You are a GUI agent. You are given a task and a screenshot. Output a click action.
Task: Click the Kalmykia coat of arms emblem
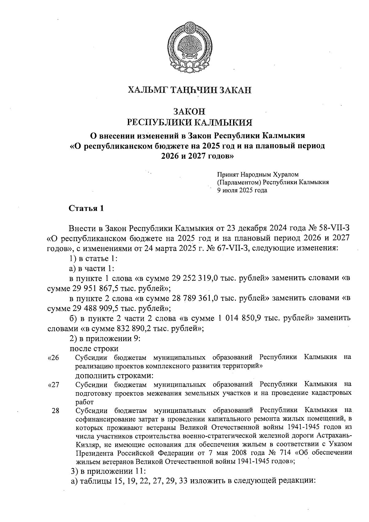point(190,47)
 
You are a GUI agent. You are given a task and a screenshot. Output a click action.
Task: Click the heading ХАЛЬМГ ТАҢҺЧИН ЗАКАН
point(189,90)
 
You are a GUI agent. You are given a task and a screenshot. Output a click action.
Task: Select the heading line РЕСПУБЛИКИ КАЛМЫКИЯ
point(190,123)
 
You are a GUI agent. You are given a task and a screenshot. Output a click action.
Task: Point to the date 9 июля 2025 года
point(242,190)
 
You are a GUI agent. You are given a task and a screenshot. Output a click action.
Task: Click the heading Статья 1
point(86,209)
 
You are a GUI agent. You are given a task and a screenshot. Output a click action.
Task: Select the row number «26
point(54,358)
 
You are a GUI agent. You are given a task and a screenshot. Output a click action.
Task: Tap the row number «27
point(54,385)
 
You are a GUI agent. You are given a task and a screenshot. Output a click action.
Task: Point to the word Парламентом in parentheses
point(239,182)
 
